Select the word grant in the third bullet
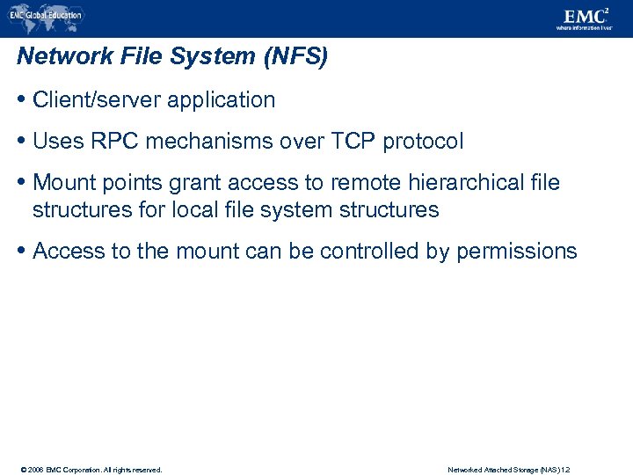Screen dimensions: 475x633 tap(195, 183)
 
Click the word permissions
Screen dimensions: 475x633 tap(516, 252)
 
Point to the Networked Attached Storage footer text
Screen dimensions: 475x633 tap(509, 470)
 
